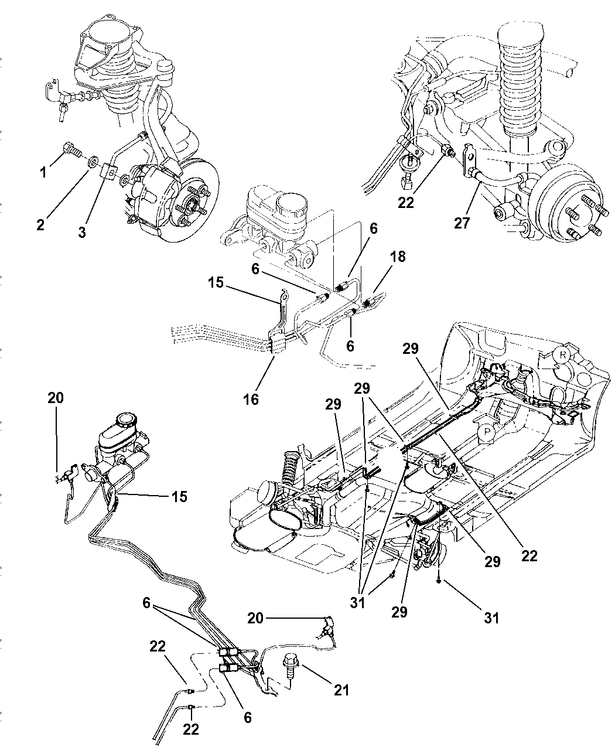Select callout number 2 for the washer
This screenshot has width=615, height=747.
click(40, 224)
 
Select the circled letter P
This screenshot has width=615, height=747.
click(486, 433)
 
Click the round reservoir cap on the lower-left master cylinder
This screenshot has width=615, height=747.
click(125, 421)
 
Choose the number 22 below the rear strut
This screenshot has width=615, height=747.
click(405, 202)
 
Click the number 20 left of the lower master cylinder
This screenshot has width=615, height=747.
click(56, 398)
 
